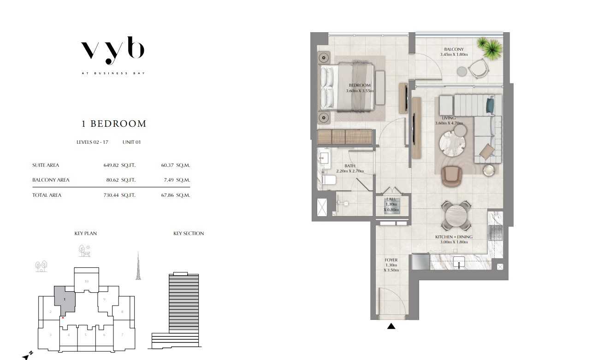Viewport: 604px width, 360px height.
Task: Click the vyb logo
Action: (x=113, y=51)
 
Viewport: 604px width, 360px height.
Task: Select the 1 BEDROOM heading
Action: (x=114, y=124)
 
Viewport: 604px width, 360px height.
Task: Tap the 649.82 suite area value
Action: (x=112, y=165)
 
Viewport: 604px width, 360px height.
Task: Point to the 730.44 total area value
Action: (x=112, y=195)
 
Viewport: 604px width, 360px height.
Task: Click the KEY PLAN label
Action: (x=85, y=233)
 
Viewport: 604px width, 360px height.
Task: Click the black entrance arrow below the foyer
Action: (x=391, y=326)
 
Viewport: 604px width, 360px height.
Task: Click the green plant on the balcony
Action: (x=489, y=47)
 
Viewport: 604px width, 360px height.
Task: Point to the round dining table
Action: (x=456, y=216)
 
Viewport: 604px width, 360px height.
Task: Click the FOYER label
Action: (x=391, y=260)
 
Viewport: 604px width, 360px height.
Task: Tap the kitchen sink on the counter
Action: (x=459, y=263)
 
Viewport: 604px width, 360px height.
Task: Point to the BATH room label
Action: (x=350, y=166)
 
